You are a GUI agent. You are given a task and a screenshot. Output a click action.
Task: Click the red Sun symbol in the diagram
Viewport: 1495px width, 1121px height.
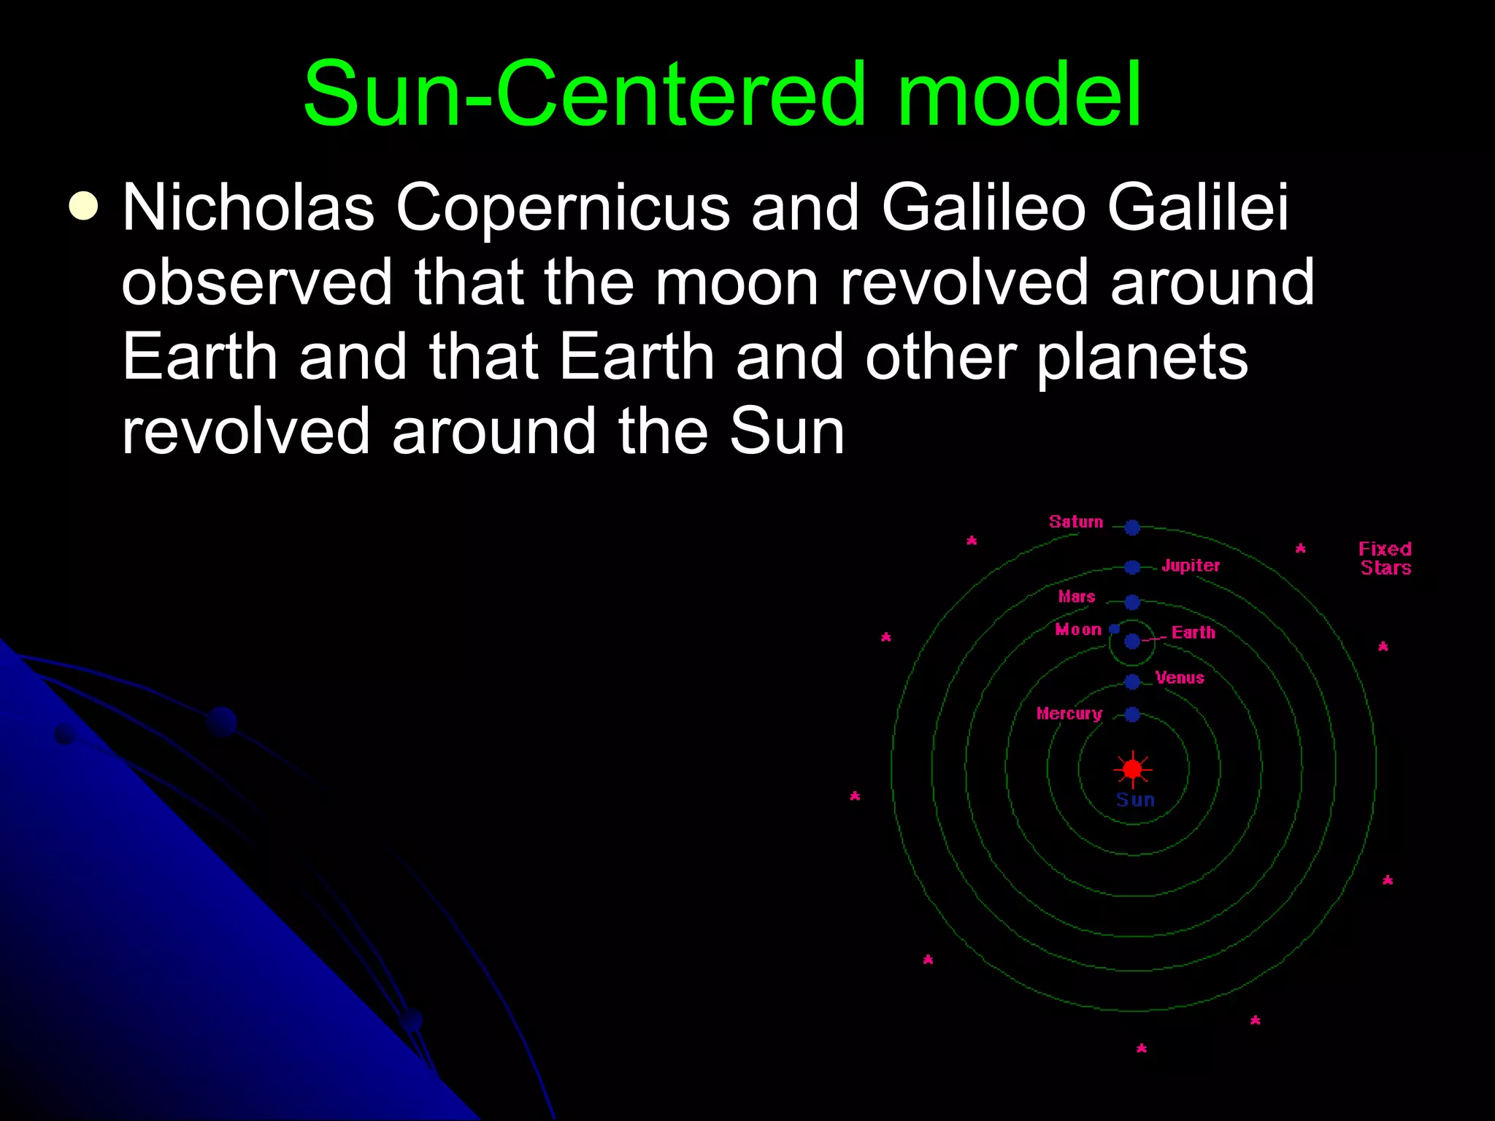point(1132,769)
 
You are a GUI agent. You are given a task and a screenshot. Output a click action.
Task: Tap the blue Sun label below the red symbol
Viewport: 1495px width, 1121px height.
point(1135,800)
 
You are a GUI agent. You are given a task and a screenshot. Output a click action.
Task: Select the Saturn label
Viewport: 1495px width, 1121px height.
point(1076,522)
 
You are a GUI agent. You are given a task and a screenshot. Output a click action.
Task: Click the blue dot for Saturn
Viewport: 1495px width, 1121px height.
point(1132,527)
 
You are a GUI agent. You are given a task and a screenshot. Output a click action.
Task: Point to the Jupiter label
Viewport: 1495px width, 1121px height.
point(1191,566)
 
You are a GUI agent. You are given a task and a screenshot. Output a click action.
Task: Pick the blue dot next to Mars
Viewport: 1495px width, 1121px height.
point(1132,602)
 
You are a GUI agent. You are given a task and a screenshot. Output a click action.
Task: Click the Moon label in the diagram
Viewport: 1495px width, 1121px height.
point(1078,630)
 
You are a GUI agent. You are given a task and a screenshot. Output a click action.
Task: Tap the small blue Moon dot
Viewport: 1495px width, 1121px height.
point(1115,628)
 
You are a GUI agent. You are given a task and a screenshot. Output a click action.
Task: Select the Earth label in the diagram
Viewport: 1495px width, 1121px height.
point(1194,633)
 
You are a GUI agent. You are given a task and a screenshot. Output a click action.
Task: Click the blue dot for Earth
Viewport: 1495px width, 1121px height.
point(1132,642)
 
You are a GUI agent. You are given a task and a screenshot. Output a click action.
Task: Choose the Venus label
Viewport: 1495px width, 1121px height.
point(1180,678)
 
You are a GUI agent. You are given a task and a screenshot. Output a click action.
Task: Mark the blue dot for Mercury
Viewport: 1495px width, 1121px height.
point(1132,714)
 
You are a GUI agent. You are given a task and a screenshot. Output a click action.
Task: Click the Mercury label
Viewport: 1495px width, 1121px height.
point(1069,714)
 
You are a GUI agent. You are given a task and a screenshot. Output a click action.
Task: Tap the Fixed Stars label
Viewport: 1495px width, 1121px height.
point(1385,558)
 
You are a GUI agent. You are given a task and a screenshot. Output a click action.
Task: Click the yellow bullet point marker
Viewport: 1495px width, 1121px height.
point(83,206)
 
